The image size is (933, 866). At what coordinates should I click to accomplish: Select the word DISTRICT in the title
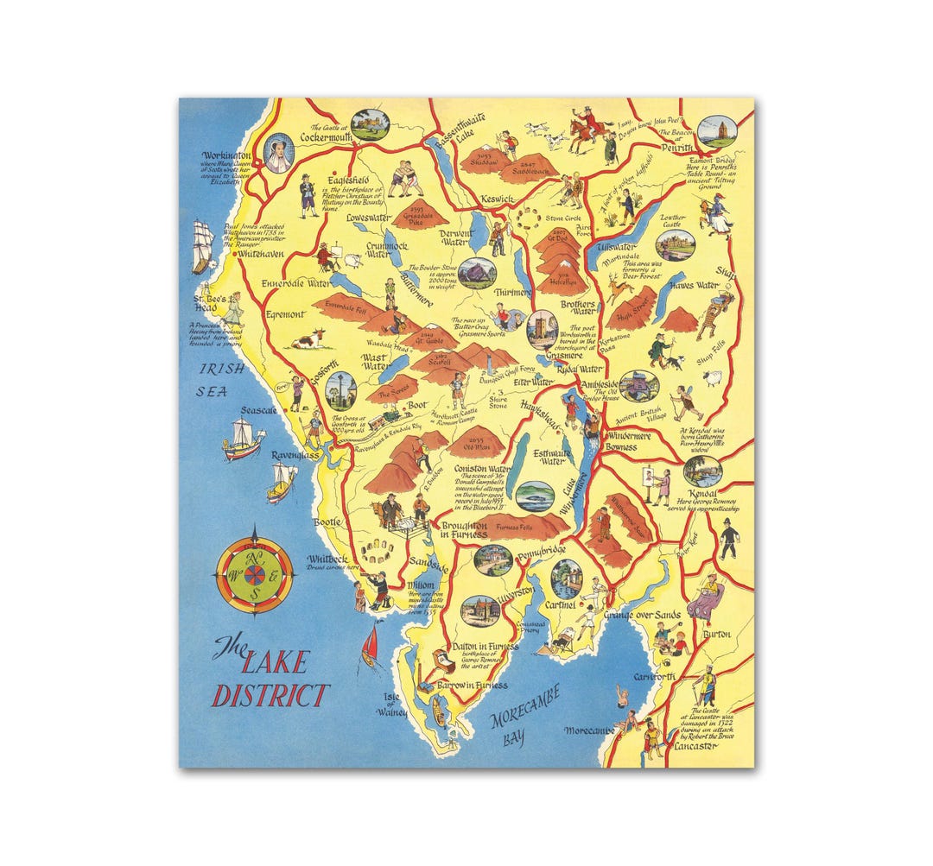(x=270, y=695)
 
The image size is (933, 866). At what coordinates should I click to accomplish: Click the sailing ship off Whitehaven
(x=202, y=245)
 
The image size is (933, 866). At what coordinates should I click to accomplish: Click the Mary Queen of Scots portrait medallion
(x=278, y=153)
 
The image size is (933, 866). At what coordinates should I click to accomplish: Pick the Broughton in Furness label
(x=464, y=530)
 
